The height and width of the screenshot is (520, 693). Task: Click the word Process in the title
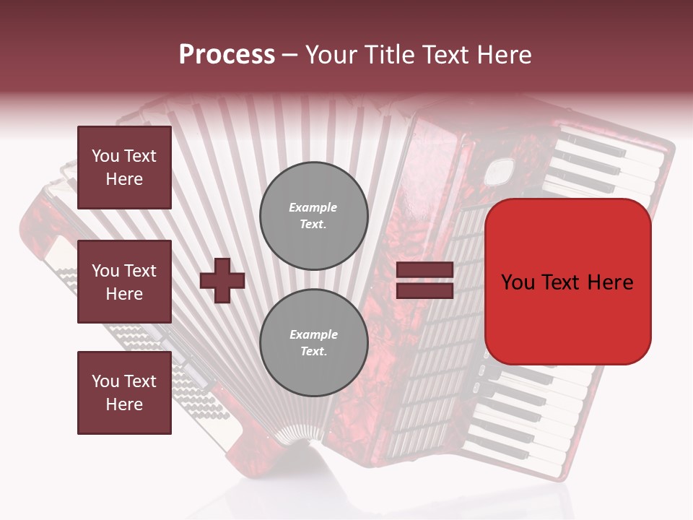[x=227, y=55]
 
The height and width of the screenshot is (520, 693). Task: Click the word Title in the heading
[x=385, y=55]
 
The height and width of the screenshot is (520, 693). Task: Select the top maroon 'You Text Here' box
[x=124, y=168]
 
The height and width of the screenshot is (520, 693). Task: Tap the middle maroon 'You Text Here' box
[x=124, y=282]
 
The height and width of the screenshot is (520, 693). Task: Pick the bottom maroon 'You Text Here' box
[x=124, y=393]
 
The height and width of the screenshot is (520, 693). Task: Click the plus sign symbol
[x=222, y=280]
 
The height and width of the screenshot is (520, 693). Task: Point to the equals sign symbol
[x=424, y=280]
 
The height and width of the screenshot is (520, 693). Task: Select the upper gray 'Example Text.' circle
[x=313, y=216]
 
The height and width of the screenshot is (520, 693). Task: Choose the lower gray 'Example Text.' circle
[x=313, y=343]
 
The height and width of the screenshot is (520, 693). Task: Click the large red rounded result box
[x=567, y=282]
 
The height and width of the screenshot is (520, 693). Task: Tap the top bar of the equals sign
[x=424, y=270]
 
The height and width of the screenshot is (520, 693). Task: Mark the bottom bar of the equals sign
[x=424, y=290]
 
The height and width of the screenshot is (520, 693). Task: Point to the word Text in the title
[x=445, y=55]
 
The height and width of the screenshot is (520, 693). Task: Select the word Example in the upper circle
[x=313, y=208]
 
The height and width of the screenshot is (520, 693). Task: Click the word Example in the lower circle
[x=313, y=335]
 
